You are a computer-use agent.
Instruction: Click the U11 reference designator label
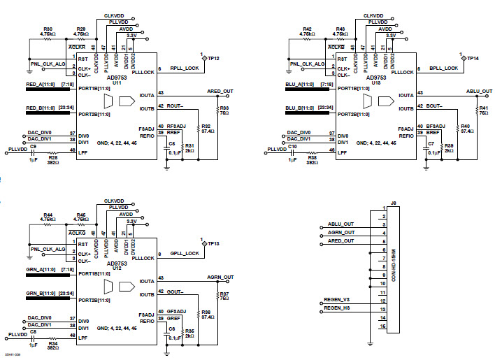(x=116, y=82)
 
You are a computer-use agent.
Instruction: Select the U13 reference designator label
(x=375, y=82)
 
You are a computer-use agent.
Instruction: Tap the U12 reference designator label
(x=116, y=269)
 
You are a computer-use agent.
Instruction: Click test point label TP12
(x=213, y=58)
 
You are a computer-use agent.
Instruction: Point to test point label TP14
(x=473, y=58)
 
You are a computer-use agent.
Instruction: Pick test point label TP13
(x=213, y=243)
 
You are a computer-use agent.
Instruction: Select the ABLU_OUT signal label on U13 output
(x=479, y=92)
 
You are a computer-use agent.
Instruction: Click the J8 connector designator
(x=393, y=203)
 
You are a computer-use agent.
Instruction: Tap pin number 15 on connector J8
(x=383, y=326)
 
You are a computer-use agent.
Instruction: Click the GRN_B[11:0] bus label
(x=41, y=292)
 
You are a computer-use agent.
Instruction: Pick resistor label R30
(x=47, y=29)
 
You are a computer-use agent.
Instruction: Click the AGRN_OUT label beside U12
(x=220, y=278)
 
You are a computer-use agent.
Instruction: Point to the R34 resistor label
(x=53, y=343)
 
